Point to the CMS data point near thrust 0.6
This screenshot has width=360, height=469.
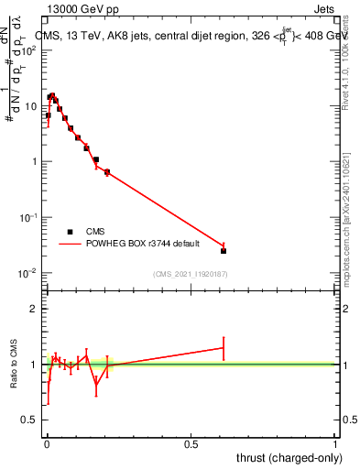pyautogui.click(x=224, y=250)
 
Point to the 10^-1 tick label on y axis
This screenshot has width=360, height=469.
pyautogui.click(x=27, y=217)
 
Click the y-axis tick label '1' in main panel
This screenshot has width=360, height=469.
pyautogui.click(x=33, y=162)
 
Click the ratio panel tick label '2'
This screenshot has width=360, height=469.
pyautogui.click(x=34, y=309)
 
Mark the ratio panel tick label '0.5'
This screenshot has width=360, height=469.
pyautogui.click(x=29, y=420)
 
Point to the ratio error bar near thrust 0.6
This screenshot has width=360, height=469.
pyautogui.click(x=224, y=348)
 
